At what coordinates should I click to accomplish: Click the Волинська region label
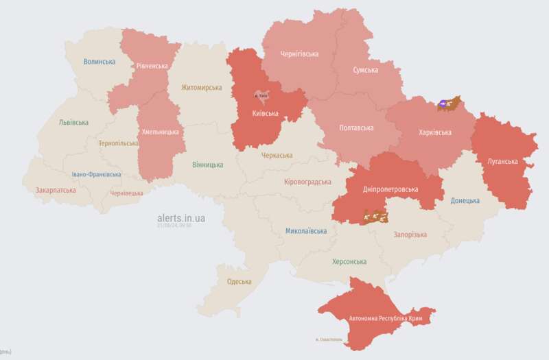(100, 62)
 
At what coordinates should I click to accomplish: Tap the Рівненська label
(152, 66)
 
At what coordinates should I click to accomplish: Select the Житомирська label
(201, 88)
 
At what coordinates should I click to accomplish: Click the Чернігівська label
(300, 53)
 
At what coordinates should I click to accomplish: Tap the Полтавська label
(357, 128)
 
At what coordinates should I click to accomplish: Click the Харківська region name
(435, 132)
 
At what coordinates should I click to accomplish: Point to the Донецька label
(465, 201)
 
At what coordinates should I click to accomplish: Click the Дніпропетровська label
(391, 189)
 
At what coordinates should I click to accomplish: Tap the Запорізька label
(410, 235)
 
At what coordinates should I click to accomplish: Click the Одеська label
(239, 282)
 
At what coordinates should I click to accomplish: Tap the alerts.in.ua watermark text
(181, 218)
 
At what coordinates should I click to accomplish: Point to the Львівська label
(73, 123)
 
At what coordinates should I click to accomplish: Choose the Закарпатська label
(56, 190)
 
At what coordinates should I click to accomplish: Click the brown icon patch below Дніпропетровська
(375, 217)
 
